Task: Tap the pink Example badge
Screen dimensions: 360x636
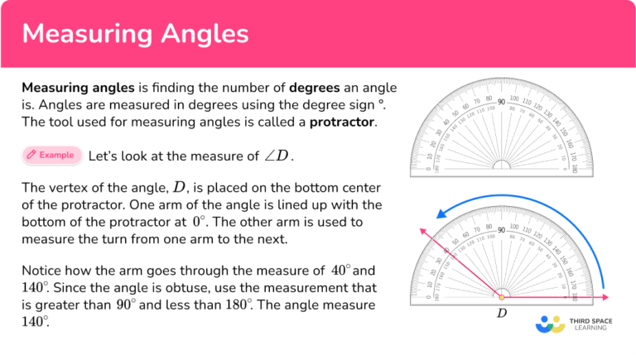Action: [x=52, y=155]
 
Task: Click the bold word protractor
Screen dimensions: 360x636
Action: [x=342, y=122]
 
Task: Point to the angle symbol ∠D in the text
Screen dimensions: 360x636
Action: [x=278, y=156]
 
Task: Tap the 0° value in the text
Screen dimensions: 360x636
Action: [x=198, y=223]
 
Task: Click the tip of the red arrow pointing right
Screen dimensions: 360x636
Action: [x=609, y=297]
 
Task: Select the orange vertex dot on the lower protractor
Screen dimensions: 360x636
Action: [x=501, y=297]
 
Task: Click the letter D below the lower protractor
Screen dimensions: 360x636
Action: [x=501, y=314]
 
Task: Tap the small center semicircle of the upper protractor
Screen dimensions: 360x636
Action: [x=501, y=166]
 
